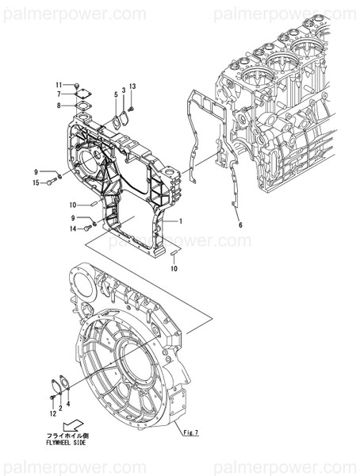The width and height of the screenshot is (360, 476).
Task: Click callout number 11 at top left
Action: coord(59,85)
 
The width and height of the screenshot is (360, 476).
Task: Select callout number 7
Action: coord(59,94)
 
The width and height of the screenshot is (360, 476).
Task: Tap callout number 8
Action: coord(59,105)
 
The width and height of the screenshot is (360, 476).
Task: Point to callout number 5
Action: coord(115,94)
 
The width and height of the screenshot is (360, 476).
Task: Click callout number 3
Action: coord(124,90)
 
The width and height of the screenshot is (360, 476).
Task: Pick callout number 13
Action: coord(132,86)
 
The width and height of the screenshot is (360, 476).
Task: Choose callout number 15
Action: coord(36,183)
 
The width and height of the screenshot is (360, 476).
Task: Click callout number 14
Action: coord(73,228)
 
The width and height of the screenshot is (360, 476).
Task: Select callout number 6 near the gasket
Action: coord(240,225)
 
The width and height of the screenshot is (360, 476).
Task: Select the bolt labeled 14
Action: coord(88,228)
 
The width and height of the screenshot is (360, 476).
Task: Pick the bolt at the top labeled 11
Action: coord(77,85)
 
